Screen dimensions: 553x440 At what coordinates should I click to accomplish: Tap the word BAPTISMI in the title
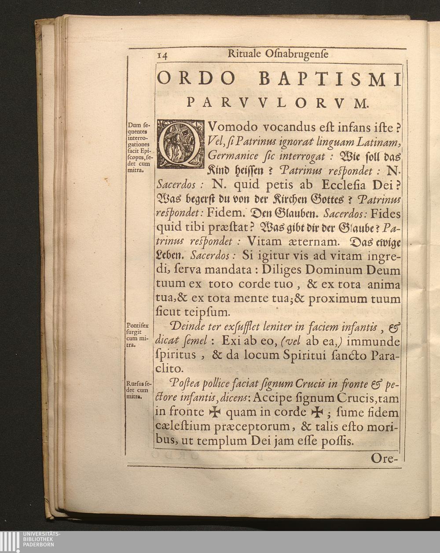pos(330,79)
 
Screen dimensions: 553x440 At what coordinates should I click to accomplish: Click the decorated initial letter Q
pos(180,143)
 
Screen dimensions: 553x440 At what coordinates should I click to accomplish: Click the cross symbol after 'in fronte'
pos(214,412)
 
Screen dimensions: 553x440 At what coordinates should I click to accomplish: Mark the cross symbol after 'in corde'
pos(317,412)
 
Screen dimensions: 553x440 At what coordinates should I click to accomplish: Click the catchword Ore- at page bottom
pos(384,458)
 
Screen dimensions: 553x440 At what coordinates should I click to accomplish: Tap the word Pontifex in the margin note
pos(137,326)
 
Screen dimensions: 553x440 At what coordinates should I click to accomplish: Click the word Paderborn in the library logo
pos(39,544)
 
